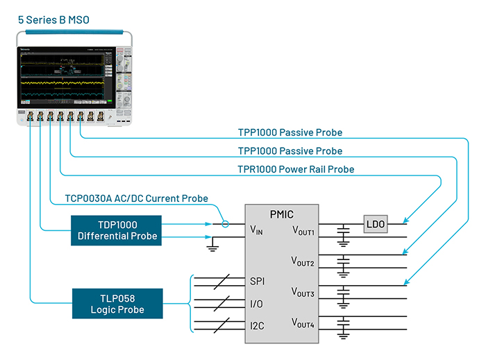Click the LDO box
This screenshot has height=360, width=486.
376,224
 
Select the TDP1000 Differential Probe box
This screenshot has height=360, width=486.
115,230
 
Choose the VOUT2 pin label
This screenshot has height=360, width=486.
303,262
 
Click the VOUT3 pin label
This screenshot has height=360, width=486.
303,293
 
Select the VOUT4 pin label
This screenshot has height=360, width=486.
303,323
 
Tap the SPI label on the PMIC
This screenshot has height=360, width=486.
258,282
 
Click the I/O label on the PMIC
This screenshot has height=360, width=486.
257,304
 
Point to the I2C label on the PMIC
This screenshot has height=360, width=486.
258,325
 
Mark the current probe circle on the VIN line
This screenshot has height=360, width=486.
226,224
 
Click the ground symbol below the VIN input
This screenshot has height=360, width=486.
214,244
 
